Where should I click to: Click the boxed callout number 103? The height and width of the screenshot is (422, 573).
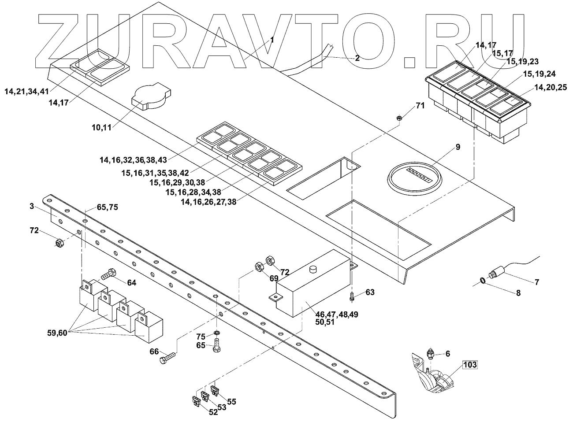coord(470,365)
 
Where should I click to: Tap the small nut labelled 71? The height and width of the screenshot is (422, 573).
coord(398,118)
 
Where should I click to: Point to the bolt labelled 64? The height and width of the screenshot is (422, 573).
coord(108,275)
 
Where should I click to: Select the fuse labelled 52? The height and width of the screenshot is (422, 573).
coord(196,401)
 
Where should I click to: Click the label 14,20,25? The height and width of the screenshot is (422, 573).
coord(550,88)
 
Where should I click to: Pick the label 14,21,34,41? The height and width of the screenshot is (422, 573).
coord(26,91)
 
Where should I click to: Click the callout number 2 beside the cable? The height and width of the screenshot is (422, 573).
coord(357,58)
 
